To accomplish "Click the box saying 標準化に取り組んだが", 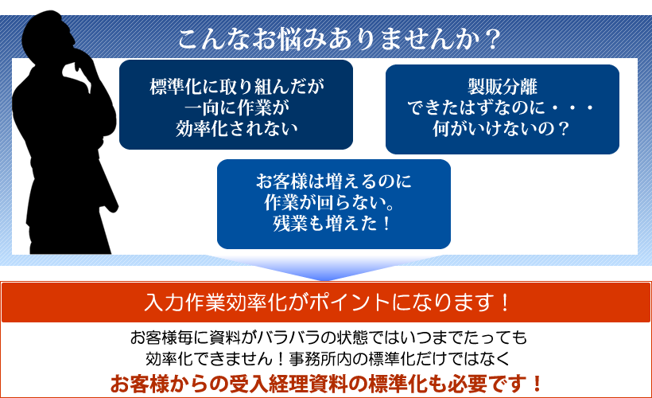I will pos(236,104).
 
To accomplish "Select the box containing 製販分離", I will pos(502,108).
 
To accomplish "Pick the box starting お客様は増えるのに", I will pos(333,203).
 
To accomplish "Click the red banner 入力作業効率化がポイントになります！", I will pos(326,302).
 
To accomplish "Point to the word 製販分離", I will pos(502,87).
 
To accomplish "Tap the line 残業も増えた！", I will pos(333,223).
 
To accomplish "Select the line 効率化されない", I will pos(236,127).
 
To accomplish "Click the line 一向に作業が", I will pos(236,107).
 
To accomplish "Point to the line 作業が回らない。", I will pos(333,202).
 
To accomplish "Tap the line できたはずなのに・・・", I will pos(502,107).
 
